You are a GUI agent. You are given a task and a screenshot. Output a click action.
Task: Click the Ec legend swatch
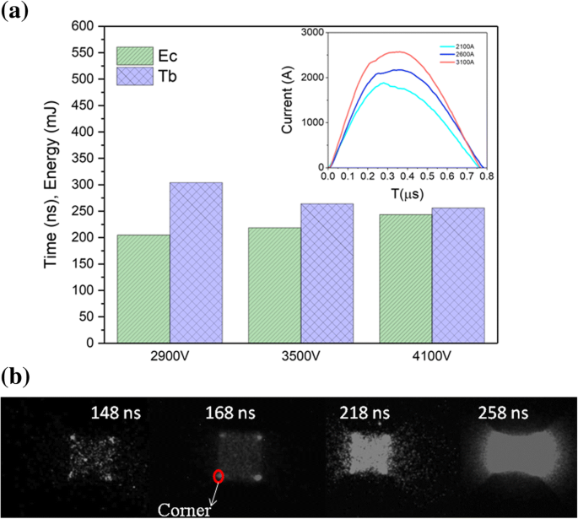(135, 56)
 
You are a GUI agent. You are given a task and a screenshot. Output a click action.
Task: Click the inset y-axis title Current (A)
(288, 99)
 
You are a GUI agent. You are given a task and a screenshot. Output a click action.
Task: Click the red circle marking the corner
(219, 476)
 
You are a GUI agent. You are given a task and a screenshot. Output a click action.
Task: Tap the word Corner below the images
(185, 509)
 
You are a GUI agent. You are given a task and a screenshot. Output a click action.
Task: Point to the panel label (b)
(15, 374)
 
